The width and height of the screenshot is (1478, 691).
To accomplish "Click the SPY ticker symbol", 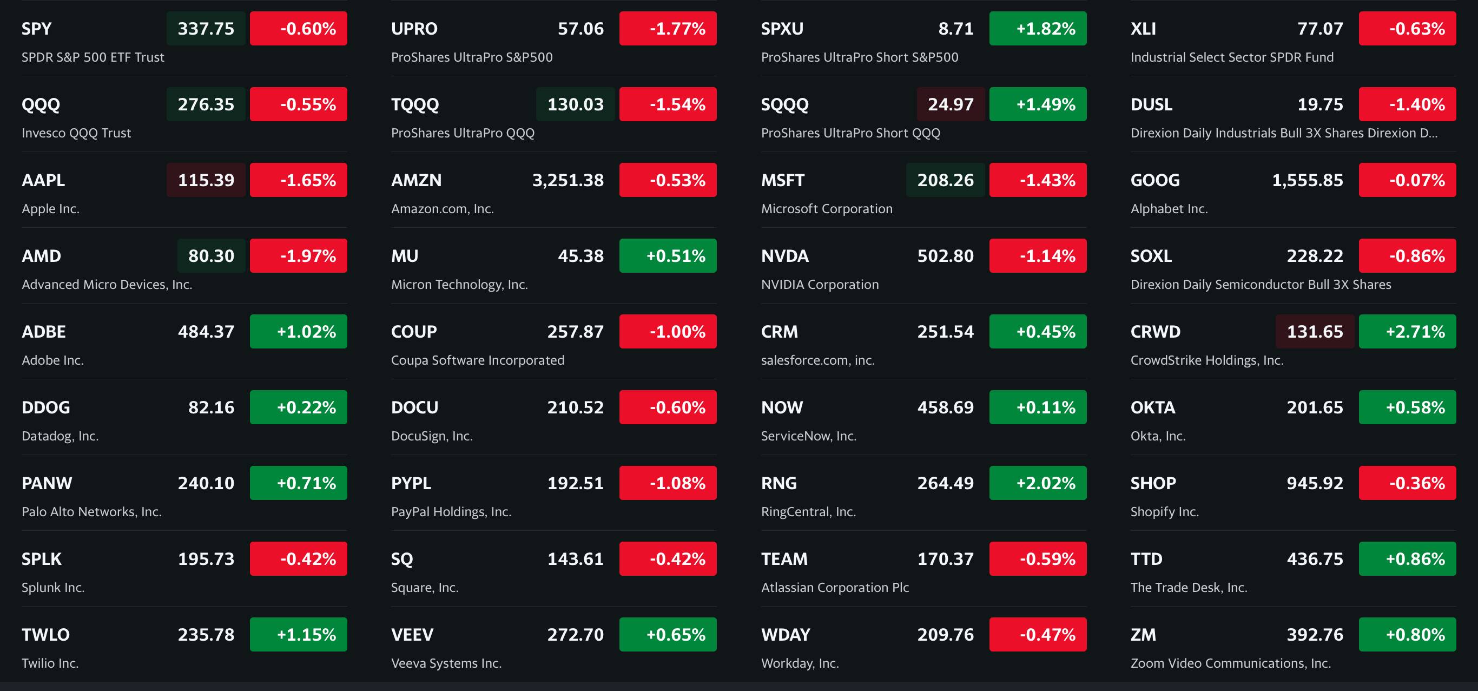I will (x=36, y=29).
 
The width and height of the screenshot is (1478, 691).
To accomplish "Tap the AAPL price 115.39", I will (x=206, y=180).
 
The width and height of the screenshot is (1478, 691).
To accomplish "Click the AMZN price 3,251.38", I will (x=568, y=180).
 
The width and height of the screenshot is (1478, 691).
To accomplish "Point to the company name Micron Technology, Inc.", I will (x=459, y=285).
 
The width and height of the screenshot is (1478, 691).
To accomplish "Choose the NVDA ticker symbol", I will (x=784, y=256).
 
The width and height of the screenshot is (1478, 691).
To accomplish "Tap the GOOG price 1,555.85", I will (x=1307, y=180).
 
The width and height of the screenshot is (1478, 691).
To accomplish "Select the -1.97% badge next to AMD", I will (x=298, y=256).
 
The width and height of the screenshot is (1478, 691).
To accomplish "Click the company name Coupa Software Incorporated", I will (x=477, y=360).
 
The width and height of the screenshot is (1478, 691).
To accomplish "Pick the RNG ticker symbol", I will (x=778, y=483).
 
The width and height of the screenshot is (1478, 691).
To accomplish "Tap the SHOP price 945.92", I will (x=1315, y=483).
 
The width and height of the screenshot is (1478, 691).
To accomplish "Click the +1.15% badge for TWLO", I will (x=298, y=635).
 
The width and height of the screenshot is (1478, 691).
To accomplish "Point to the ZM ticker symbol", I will (x=1143, y=635).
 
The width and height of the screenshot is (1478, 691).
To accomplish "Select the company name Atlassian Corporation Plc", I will (x=835, y=588).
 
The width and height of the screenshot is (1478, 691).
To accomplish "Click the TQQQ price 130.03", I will (x=576, y=104).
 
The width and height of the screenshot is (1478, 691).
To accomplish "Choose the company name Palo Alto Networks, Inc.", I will (x=91, y=512).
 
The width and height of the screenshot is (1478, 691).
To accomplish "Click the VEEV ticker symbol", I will (x=412, y=635).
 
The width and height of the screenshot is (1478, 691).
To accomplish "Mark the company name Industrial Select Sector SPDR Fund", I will (x=1231, y=57).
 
